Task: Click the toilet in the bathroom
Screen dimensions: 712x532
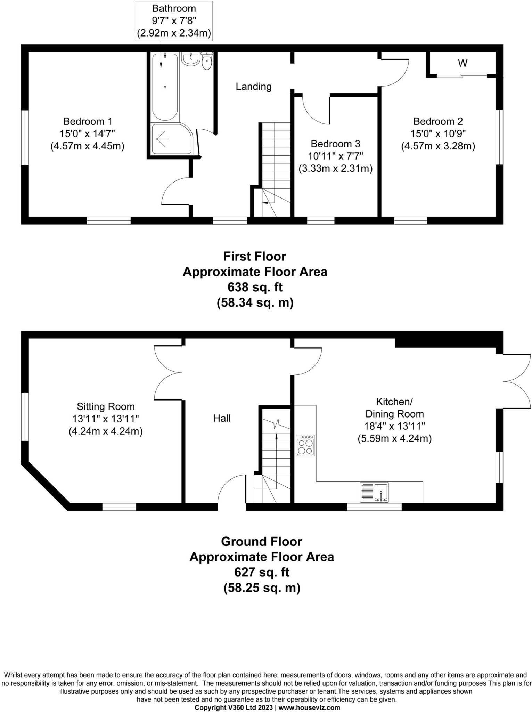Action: tap(207, 62)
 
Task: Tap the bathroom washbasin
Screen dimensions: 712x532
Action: tap(190, 59)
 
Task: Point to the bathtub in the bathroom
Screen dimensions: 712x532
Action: tap(165, 87)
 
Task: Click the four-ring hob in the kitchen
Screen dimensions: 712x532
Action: tap(305, 445)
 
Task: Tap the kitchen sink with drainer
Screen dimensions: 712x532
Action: tap(375, 492)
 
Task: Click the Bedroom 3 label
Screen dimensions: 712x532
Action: tap(335, 144)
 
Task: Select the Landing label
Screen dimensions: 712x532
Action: tap(253, 87)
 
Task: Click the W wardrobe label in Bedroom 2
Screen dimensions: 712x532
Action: tap(462, 63)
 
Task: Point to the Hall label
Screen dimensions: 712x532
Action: tap(222, 418)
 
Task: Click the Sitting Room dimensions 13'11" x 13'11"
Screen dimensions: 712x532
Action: tap(106, 419)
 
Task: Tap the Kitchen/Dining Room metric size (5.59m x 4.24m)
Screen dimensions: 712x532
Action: tap(394, 439)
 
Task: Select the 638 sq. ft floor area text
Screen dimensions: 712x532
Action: tap(255, 287)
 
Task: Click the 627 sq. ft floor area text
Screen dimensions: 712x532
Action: tap(261, 572)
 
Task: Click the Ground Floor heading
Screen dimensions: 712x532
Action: tap(261, 541)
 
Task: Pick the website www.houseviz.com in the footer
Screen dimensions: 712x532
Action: tap(309, 707)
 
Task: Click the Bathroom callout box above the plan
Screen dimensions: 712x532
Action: tap(174, 21)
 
